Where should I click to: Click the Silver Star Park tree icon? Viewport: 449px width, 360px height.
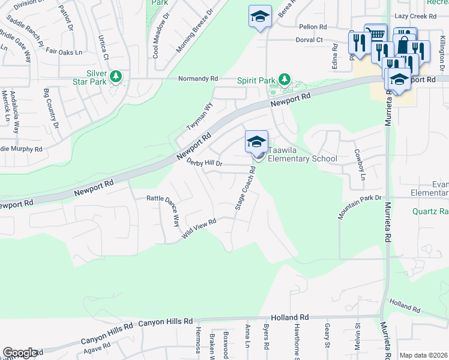tap(116, 77)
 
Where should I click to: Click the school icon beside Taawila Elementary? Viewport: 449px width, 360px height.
tap(256, 142)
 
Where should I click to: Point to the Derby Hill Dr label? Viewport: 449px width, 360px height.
tap(204, 163)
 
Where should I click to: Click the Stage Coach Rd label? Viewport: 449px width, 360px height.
tap(246, 187)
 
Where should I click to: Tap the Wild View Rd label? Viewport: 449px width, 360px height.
tap(199, 230)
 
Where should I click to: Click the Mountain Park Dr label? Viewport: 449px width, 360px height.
tap(360, 207)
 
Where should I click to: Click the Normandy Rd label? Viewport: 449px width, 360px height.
tap(197, 79)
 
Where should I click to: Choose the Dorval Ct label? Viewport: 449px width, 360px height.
tap(309, 40)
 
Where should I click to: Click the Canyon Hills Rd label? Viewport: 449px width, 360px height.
tap(165, 323)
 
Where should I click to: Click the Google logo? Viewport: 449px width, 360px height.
tap(20, 353)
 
